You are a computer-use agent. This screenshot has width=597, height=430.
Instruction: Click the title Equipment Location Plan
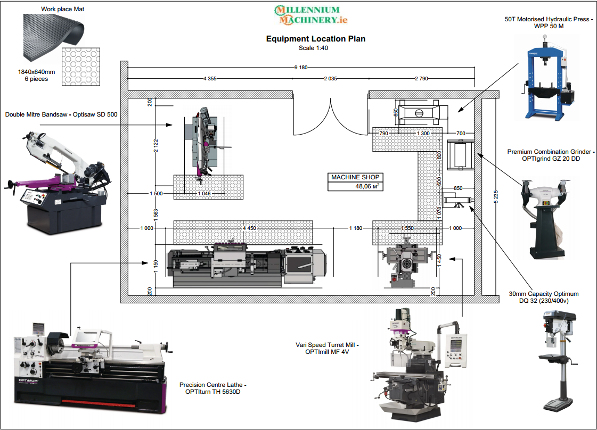coord(315,39)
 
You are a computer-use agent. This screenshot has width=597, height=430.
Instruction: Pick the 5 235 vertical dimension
coord(496,196)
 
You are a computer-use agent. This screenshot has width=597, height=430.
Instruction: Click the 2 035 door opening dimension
coord(331,79)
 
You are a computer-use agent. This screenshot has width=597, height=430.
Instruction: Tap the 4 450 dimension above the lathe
coord(249,228)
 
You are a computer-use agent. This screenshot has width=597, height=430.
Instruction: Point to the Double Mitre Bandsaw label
coord(61,114)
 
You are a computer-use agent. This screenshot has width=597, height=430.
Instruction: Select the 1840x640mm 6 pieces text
coord(36,75)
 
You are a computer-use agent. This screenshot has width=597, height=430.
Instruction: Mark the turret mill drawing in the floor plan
coord(406,264)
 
